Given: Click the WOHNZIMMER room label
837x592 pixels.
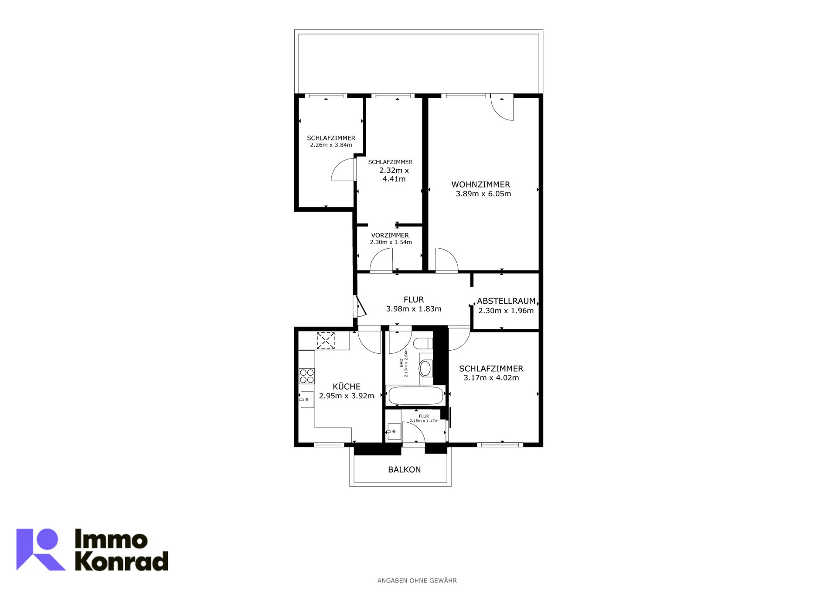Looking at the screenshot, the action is [480, 185].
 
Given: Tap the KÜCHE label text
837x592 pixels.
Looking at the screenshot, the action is [347, 387].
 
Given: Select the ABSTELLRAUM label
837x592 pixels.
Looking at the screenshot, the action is [506, 301].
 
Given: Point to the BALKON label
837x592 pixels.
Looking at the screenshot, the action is [405, 469].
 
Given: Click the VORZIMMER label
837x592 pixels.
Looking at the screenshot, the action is [390, 235].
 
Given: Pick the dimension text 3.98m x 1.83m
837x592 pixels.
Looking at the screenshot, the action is [414, 309].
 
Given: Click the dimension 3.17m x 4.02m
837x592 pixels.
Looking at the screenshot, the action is [491, 378].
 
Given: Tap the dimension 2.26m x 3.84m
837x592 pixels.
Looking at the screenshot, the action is [331, 145].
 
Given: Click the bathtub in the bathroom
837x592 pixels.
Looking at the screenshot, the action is [415, 396].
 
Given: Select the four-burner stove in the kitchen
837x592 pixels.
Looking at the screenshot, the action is [307, 376].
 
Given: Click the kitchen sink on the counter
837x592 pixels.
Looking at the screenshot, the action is [307, 400].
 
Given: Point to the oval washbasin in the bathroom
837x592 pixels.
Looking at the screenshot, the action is [425, 369].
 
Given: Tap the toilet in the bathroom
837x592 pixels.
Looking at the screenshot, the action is [422, 343].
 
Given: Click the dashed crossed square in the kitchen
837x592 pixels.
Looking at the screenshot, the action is [326, 341].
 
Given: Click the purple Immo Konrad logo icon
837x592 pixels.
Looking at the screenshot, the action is [41, 550].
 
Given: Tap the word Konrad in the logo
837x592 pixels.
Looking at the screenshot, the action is [122, 561].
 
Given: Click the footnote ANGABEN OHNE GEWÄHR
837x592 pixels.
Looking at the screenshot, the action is [417, 581].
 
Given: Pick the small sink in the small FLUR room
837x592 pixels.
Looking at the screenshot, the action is [394, 432].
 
